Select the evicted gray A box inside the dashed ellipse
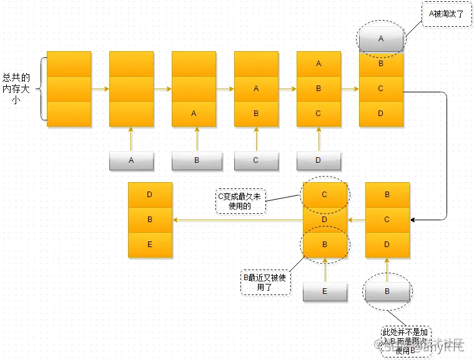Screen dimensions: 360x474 point(381,39)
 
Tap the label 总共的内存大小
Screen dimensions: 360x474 point(16,88)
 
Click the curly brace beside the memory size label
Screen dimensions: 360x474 point(42,88)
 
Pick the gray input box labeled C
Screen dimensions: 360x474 point(256,160)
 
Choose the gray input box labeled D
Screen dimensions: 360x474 point(318,160)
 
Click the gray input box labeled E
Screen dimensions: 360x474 point(325,291)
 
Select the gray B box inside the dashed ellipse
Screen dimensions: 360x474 point(387,291)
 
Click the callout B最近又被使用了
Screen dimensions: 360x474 point(264,283)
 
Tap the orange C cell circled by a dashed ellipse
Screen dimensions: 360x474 point(325,195)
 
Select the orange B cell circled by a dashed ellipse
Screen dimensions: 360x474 point(325,244)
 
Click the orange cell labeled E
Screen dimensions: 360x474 point(150,245)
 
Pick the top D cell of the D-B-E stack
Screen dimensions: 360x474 point(150,195)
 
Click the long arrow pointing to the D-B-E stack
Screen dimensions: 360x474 point(237,220)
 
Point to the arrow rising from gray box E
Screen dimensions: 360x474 point(325,270)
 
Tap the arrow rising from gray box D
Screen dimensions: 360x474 point(318,139)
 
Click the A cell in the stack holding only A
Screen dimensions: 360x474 point(194,114)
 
